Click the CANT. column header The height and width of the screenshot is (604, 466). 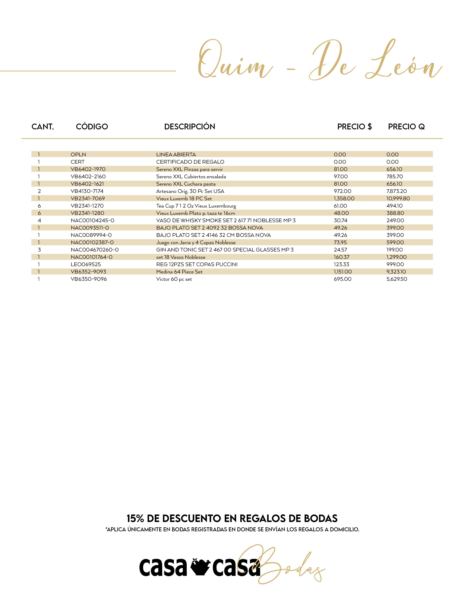43,127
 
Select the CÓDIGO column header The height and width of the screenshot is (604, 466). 92,127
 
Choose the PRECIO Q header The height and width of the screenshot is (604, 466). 406,127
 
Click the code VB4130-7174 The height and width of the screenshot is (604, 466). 87,191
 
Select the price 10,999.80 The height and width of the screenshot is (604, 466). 398,198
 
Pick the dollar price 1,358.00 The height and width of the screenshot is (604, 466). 344,198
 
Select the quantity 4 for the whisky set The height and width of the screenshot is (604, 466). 39,220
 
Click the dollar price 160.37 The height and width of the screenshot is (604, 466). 342,257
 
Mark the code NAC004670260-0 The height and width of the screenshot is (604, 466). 94,250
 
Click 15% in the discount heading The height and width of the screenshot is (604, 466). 135,518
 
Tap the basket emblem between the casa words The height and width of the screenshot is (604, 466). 200,567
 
